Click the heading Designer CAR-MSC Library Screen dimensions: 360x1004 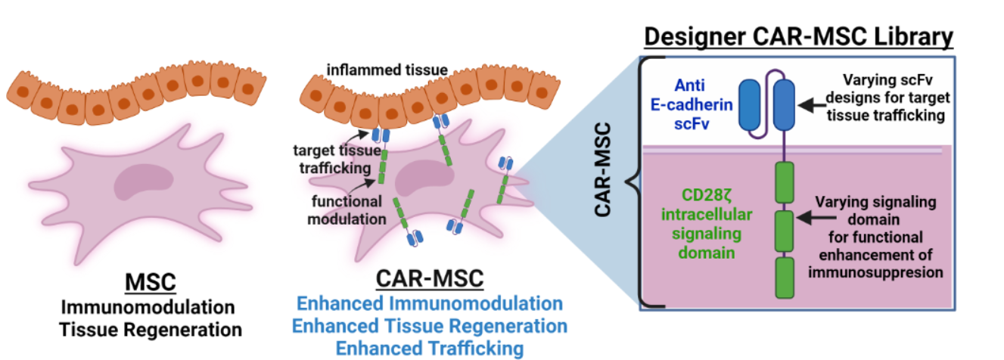click(x=796, y=36)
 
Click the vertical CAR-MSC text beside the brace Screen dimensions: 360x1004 click(x=603, y=182)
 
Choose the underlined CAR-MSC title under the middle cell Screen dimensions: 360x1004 click(x=429, y=279)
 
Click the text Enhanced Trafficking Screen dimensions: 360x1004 click(x=430, y=348)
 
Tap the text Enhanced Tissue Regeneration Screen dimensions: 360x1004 click(x=430, y=326)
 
